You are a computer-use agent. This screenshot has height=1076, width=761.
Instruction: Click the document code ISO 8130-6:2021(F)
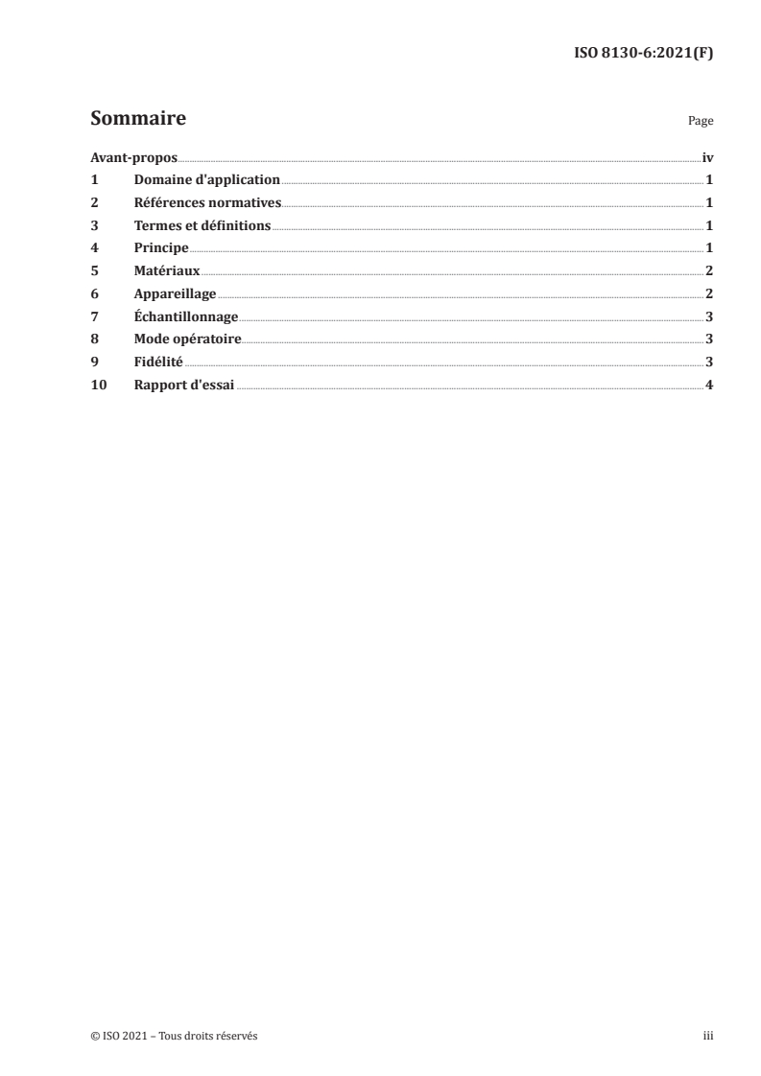click(x=642, y=54)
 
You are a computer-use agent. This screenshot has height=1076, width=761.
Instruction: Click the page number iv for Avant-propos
click(x=707, y=157)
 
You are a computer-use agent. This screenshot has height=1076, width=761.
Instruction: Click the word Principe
click(x=161, y=248)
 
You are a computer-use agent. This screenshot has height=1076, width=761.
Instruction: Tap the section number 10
click(x=98, y=385)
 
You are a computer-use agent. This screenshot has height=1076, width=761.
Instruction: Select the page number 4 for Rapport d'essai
click(x=709, y=385)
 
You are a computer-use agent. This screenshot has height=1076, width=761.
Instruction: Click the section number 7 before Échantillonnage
click(x=94, y=316)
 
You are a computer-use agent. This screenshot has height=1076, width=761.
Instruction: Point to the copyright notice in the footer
click(x=174, y=1036)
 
